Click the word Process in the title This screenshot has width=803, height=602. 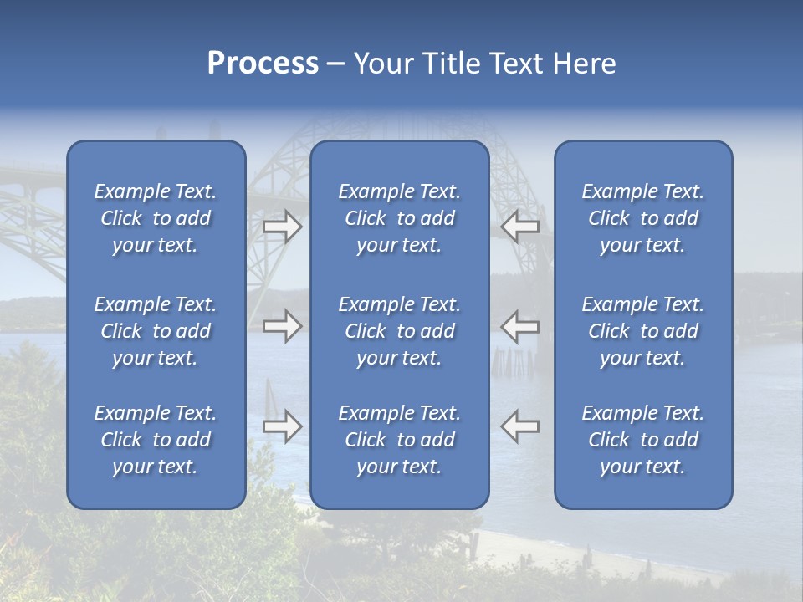(263, 64)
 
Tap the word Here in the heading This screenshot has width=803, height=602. (583, 64)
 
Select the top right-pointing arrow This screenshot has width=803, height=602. (283, 227)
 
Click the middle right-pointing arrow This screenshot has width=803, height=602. (283, 326)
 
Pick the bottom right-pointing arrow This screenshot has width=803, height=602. (283, 426)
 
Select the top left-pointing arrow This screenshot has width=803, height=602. (519, 227)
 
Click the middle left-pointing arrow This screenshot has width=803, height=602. (519, 326)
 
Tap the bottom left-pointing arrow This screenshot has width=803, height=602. (519, 426)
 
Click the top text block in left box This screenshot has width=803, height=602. (156, 218)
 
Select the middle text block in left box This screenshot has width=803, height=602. (156, 331)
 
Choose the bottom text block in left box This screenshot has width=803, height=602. (156, 440)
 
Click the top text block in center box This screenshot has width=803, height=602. (399, 218)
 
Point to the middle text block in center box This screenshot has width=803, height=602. (399, 331)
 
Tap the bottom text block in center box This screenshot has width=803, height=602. (399, 440)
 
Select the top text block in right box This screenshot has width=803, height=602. (642, 218)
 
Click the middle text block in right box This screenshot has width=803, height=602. (642, 331)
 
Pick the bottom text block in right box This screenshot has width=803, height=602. (642, 440)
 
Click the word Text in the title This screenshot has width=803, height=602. (514, 64)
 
